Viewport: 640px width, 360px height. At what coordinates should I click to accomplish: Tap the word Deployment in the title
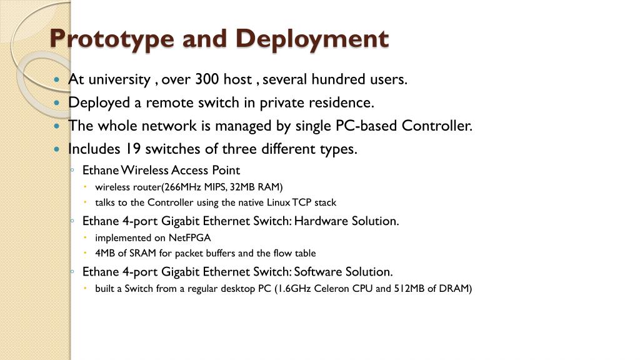(312, 39)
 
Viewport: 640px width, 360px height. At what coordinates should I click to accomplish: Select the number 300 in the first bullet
(206, 80)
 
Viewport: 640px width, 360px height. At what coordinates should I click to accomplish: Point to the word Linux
(282, 202)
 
